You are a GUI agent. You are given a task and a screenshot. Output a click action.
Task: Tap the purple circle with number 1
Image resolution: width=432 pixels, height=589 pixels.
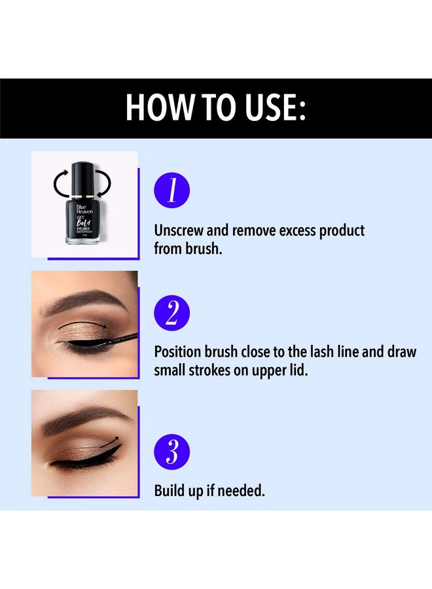172,190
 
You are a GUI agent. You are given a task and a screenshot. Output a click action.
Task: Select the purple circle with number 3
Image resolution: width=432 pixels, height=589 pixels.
172,452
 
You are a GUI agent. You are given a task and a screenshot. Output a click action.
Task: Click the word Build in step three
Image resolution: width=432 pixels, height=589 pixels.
169,491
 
